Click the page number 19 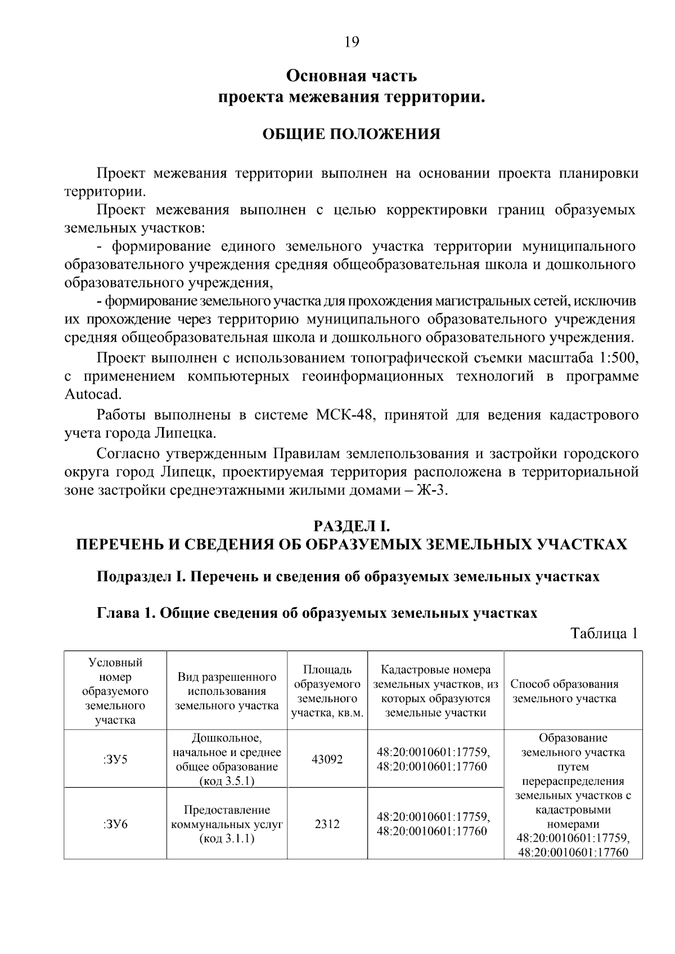tap(352, 42)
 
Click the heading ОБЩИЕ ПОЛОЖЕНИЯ tap(352, 134)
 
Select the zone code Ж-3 tap(431, 490)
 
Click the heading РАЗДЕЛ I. tap(352, 526)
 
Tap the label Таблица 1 tap(604, 633)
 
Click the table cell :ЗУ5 tap(115, 759)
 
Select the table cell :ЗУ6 tap(115, 824)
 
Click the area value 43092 tap(327, 759)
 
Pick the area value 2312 tap(327, 824)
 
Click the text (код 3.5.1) tap(227, 782)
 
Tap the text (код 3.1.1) tap(227, 839)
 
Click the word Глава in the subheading tap(116, 613)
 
